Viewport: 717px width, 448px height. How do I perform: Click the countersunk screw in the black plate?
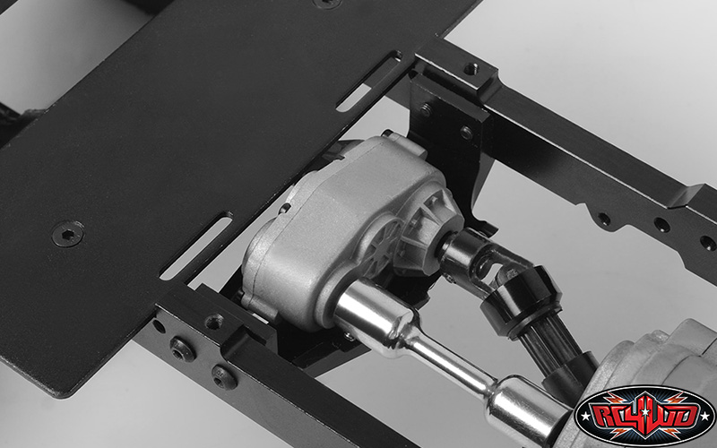pos(67,234)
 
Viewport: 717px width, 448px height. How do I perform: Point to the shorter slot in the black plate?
pos(367,82)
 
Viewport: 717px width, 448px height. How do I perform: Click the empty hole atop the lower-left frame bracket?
pos(213,322)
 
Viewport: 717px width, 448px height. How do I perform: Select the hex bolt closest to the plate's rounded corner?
pos(184,349)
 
